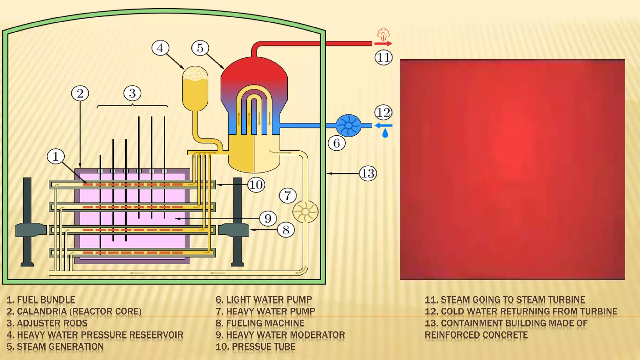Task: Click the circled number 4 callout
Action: click(x=160, y=48)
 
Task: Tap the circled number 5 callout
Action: click(x=200, y=48)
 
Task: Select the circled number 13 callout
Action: click(x=368, y=173)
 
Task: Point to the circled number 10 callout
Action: click(x=256, y=185)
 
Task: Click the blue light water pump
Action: click(x=349, y=126)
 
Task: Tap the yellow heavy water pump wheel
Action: click(x=305, y=212)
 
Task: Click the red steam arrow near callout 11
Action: click(x=383, y=44)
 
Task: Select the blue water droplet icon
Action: click(x=385, y=133)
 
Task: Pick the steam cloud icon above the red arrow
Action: click(x=383, y=34)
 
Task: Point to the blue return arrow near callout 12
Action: click(x=383, y=126)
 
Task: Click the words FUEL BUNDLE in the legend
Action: click(x=46, y=300)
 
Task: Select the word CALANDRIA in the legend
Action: click(x=42, y=312)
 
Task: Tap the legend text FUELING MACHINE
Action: click(x=265, y=323)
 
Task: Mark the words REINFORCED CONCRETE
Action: click(x=476, y=335)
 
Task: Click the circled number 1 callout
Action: click(x=56, y=156)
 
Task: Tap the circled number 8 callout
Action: click(x=286, y=230)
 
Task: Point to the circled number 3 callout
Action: click(x=132, y=93)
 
